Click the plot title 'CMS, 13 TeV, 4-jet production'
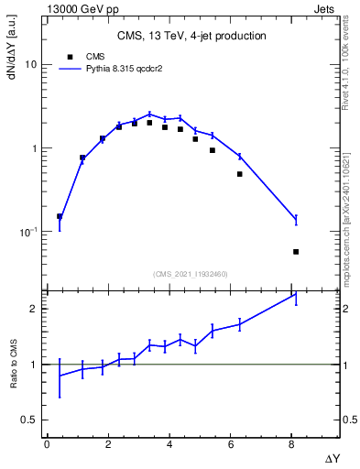(x=191, y=36)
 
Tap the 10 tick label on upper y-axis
(x=30, y=65)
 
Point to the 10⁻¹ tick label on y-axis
(x=27, y=232)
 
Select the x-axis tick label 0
(x=47, y=444)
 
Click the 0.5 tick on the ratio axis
(x=28, y=420)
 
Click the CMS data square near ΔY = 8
(x=296, y=251)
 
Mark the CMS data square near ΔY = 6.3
(x=240, y=174)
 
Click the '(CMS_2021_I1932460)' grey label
(x=191, y=273)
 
